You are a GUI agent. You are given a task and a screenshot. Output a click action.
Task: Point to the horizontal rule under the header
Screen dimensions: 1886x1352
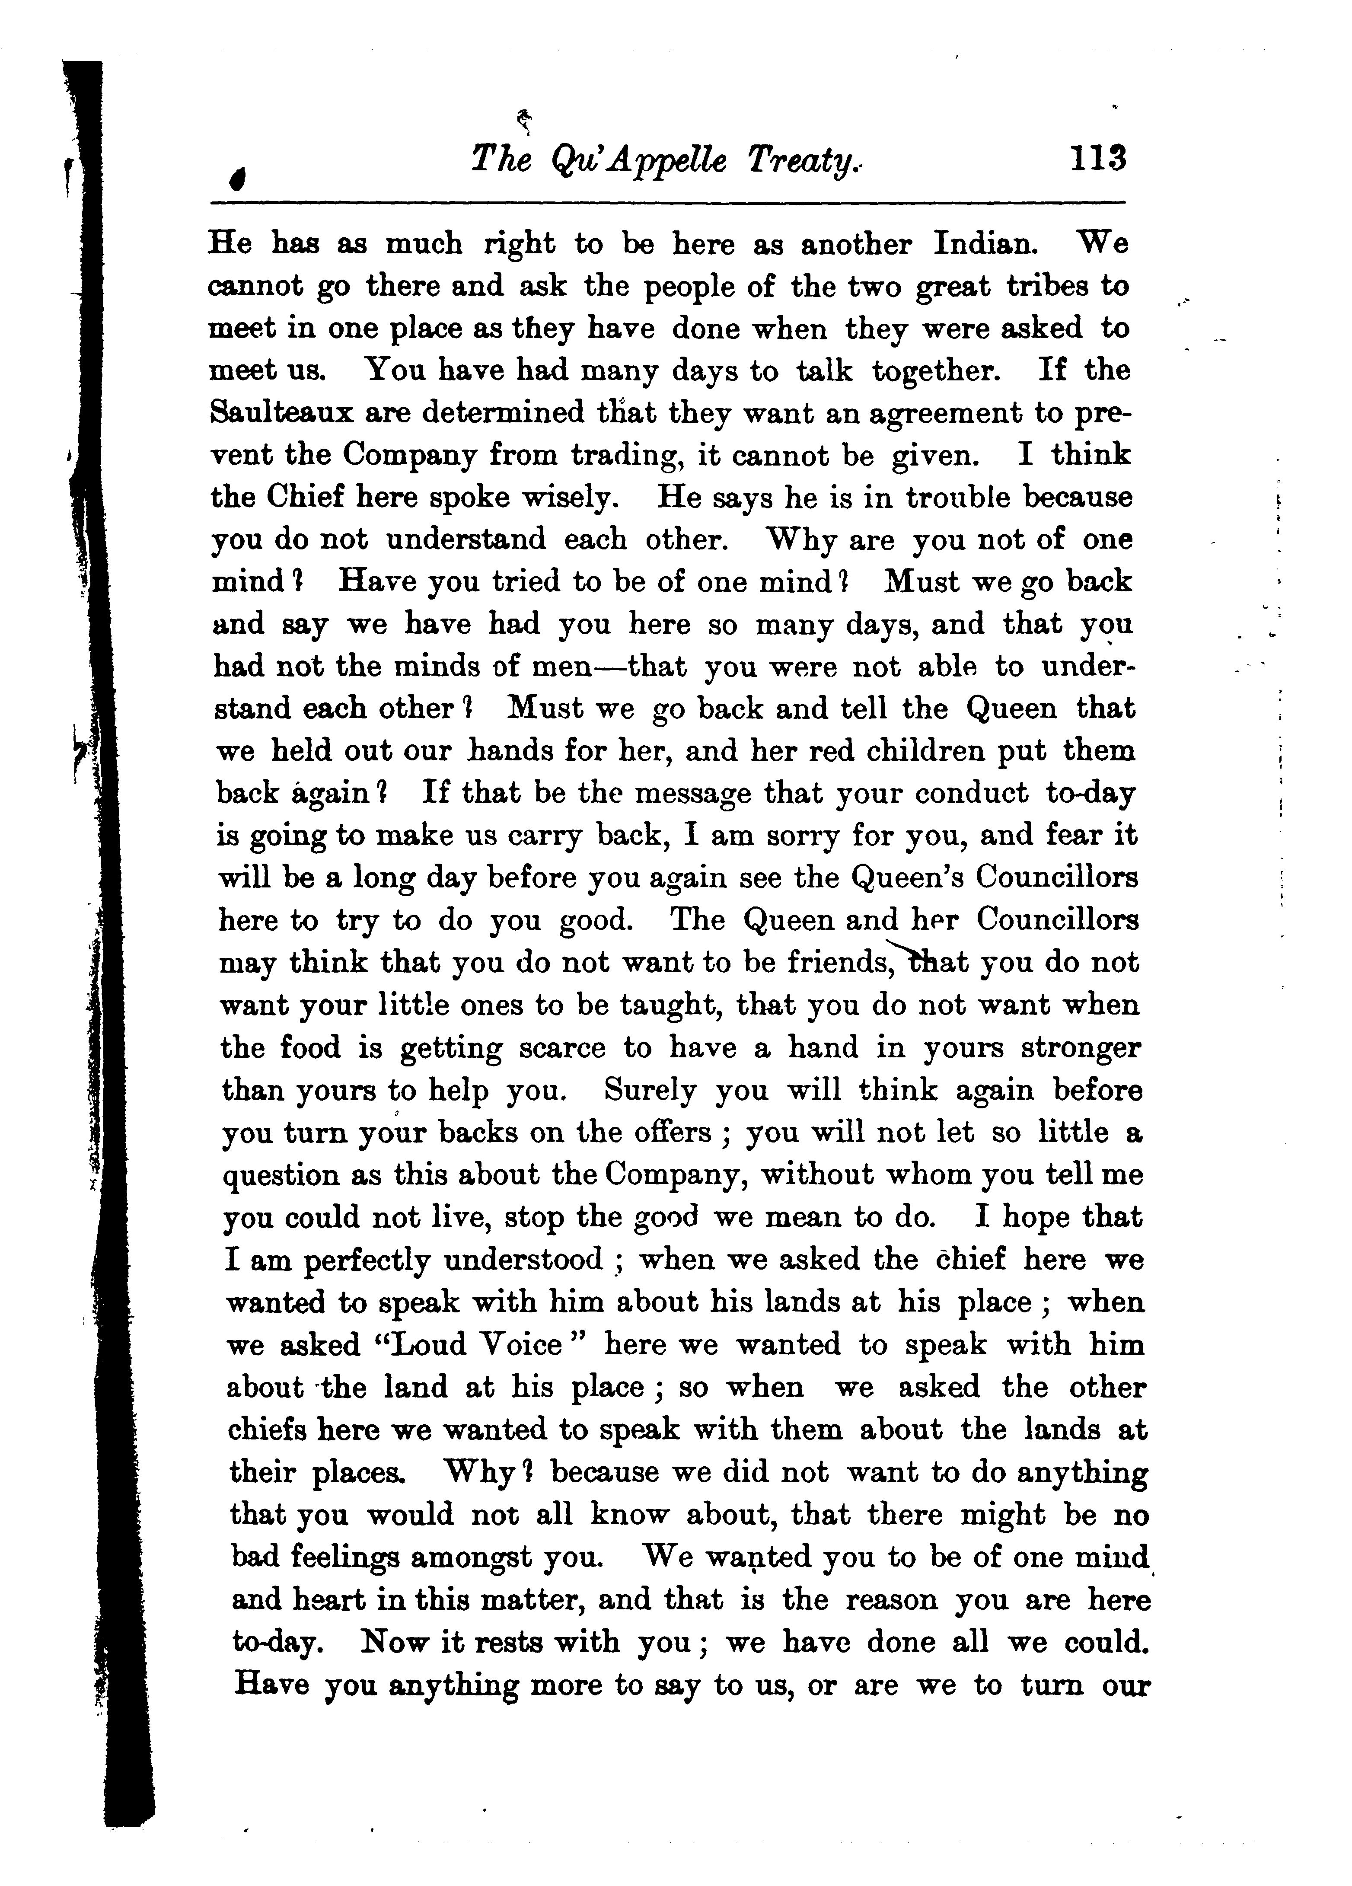point(665,202)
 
